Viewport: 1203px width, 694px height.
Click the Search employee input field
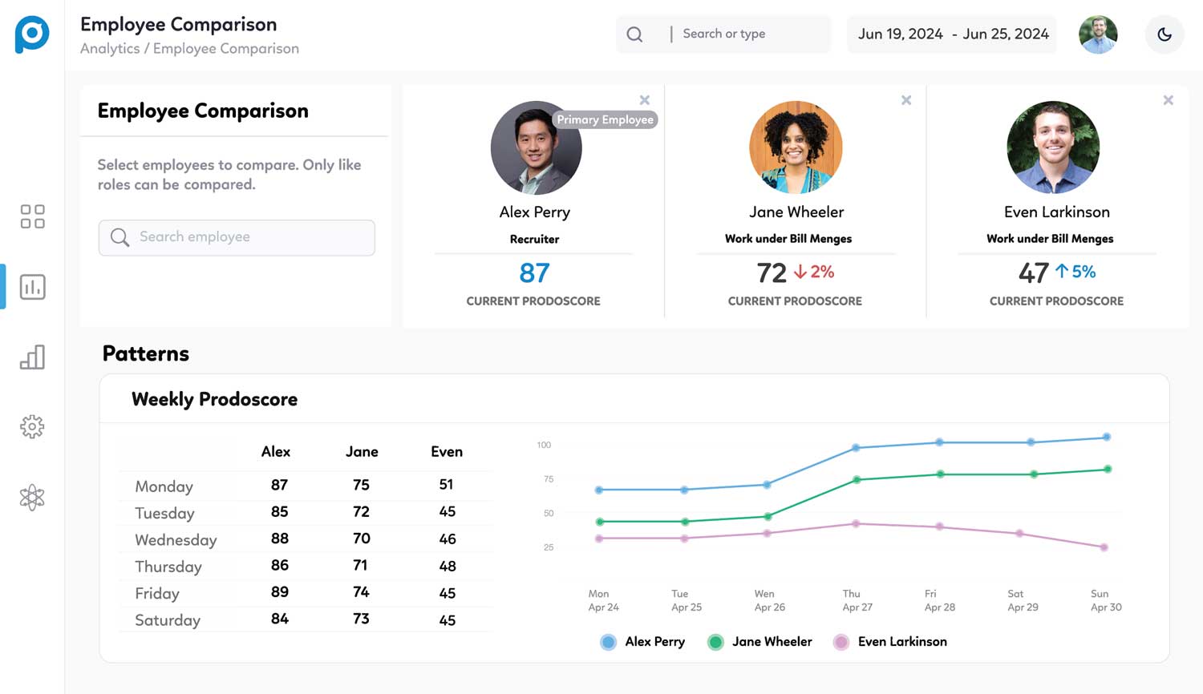pyautogui.click(x=237, y=237)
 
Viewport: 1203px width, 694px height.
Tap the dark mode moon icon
pyautogui.click(x=1165, y=34)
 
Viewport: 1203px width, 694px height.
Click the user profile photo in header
pyautogui.click(x=1098, y=34)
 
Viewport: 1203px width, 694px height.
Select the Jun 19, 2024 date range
pyautogui.click(x=952, y=34)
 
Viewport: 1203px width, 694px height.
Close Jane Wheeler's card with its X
pyautogui.click(x=906, y=100)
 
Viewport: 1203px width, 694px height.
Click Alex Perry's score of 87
pyautogui.click(x=534, y=273)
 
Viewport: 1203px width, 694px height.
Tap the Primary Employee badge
pyautogui.click(x=605, y=119)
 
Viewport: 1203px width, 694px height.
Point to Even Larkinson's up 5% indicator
pyautogui.click(x=1075, y=272)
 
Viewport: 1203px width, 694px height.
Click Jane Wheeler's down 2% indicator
pyautogui.click(x=814, y=272)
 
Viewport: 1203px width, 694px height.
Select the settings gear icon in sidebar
pyautogui.click(x=32, y=426)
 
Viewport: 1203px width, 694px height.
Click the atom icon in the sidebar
pyautogui.click(x=32, y=498)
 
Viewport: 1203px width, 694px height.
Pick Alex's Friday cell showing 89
pyautogui.click(x=279, y=592)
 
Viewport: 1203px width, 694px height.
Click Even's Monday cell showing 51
pyautogui.click(x=447, y=485)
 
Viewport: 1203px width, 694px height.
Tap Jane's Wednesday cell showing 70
pyautogui.click(x=362, y=539)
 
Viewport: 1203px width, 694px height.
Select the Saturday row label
pyautogui.click(x=168, y=620)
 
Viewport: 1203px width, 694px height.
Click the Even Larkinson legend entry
pyautogui.click(x=890, y=642)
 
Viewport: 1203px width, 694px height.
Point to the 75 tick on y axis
pyautogui.click(x=549, y=479)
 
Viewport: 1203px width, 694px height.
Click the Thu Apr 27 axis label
pyautogui.click(x=857, y=600)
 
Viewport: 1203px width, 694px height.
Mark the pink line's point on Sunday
pyautogui.click(x=1104, y=547)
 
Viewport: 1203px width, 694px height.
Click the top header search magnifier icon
pyautogui.click(x=634, y=34)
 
